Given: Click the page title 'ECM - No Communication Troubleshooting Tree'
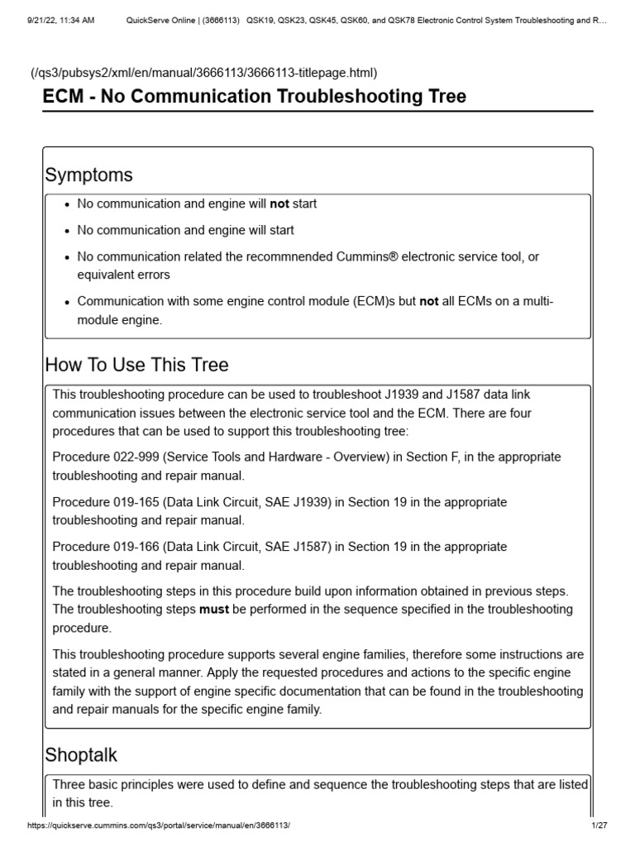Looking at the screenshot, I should (255, 97).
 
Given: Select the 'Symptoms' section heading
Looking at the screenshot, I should (88, 175).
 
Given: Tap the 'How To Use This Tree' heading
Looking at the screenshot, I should (136, 365).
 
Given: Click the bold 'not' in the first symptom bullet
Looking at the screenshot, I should (279, 203).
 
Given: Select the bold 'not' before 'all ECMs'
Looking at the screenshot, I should (429, 302).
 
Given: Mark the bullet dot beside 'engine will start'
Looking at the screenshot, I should (66, 231).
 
